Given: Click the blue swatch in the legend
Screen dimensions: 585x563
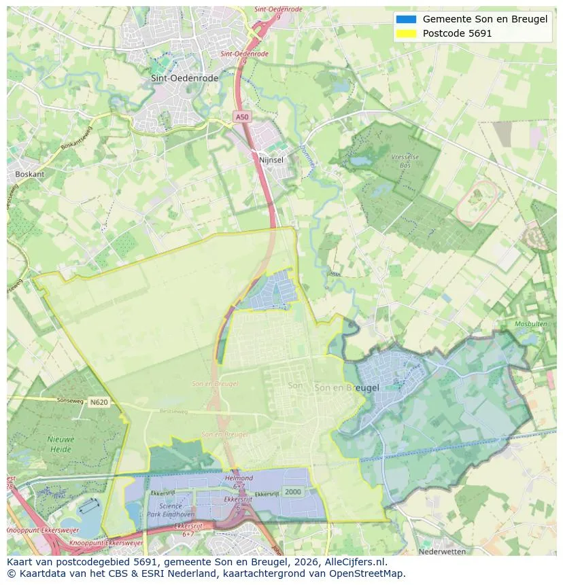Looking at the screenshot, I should click(x=406, y=19).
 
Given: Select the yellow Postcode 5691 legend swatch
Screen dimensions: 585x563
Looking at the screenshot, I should click(x=406, y=33).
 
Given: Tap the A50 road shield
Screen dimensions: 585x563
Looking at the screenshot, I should click(x=242, y=118).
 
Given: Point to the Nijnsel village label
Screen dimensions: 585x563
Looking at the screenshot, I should click(x=271, y=160).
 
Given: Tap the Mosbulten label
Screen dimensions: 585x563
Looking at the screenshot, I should click(x=531, y=324).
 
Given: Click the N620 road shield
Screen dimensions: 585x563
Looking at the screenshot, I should click(x=99, y=402).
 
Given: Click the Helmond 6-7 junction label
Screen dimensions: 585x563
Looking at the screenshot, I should click(x=239, y=482).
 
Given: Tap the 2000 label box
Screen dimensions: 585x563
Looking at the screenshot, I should click(x=293, y=492).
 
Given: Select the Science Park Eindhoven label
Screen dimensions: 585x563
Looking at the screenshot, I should click(x=171, y=510).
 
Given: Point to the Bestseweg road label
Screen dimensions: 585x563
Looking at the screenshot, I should click(x=173, y=411).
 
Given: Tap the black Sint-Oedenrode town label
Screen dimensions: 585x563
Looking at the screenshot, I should click(x=184, y=78).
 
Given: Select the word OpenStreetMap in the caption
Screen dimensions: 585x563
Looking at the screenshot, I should click(x=367, y=573).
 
